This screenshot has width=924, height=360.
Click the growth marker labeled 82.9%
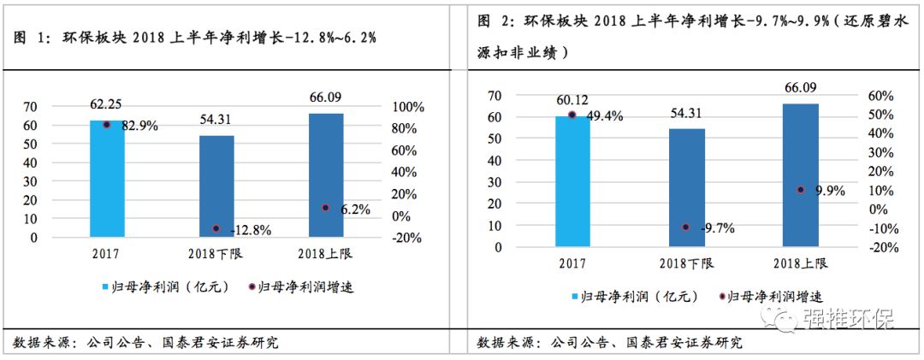click(x=107, y=125)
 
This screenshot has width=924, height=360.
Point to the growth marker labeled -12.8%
click(x=216, y=228)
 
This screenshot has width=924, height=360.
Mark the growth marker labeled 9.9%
click(x=800, y=189)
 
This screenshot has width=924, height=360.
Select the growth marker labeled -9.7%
click(x=686, y=227)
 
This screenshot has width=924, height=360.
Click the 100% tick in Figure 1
click(x=407, y=107)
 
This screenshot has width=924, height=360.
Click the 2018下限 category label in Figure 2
click(x=686, y=263)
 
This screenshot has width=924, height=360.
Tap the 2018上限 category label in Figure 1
click(x=325, y=253)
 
